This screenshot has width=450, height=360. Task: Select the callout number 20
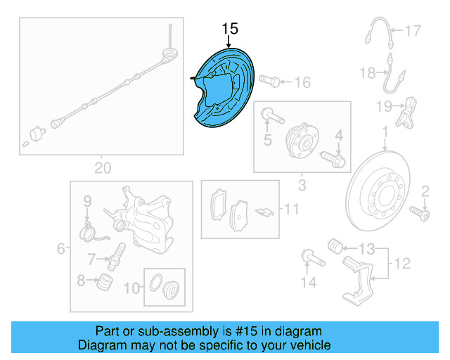pos(103,168)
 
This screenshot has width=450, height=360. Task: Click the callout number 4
pos(337,135)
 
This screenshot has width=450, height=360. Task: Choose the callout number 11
pos(291,209)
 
